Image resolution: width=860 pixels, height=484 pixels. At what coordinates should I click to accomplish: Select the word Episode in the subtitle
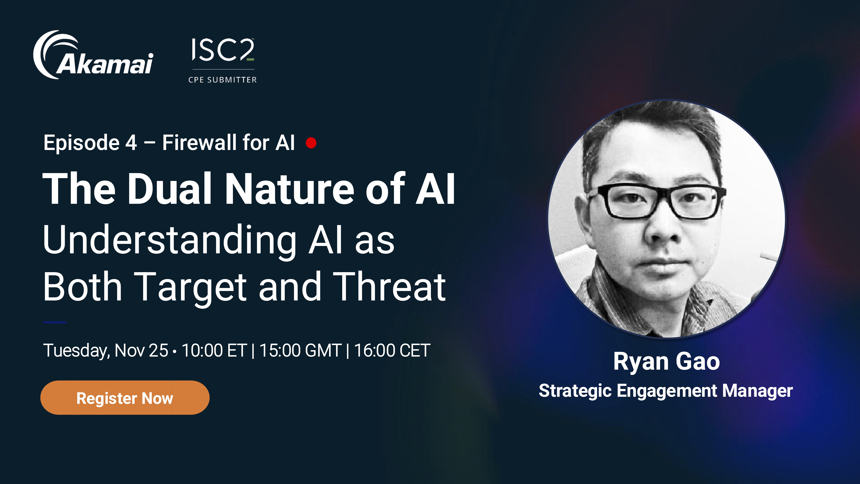coord(81,143)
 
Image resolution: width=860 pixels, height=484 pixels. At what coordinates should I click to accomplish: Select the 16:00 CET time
coord(392,350)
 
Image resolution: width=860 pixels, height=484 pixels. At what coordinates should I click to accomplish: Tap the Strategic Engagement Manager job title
coord(666,391)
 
